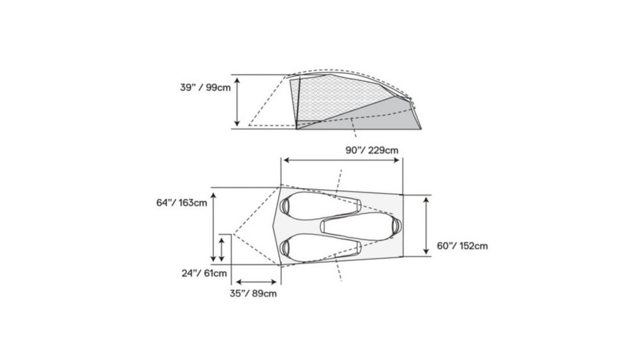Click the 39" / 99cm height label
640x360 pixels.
[x=204, y=88]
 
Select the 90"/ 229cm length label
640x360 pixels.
[x=372, y=150]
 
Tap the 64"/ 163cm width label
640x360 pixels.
[x=182, y=202]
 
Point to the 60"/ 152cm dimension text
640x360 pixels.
[x=462, y=246]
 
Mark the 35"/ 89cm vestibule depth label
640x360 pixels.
[x=253, y=293]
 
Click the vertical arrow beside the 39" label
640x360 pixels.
[x=238, y=101]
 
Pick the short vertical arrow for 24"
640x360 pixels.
[x=222, y=249]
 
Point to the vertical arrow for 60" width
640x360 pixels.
[x=426, y=226]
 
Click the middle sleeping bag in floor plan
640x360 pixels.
[x=360, y=225]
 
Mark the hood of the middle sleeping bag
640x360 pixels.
[x=394, y=225]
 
